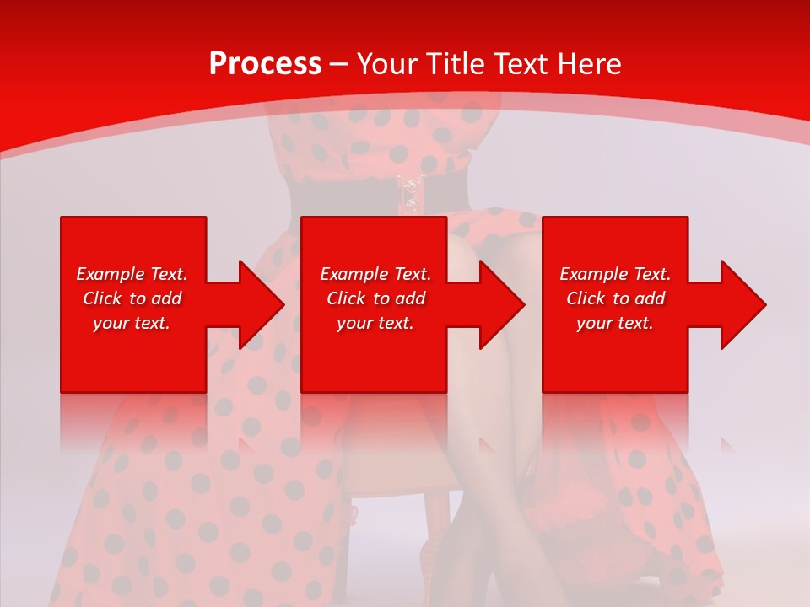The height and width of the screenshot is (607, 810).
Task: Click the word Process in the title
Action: click(x=265, y=64)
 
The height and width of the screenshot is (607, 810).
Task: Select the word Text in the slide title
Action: click(x=522, y=64)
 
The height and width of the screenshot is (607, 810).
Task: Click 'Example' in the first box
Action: click(x=110, y=274)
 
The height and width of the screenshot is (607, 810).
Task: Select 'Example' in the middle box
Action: click(x=354, y=274)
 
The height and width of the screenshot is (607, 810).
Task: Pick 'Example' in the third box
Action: click(x=593, y=274)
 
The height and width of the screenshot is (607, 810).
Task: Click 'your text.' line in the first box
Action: click(x=132, y=324)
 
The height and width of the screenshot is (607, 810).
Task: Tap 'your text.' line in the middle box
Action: click(x=375, y=324)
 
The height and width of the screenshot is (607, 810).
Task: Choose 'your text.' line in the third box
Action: click(x=615, y=324)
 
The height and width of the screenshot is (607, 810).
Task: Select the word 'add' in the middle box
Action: click(x=410, y=298)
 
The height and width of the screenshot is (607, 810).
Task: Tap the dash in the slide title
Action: click(x=339, y=65)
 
